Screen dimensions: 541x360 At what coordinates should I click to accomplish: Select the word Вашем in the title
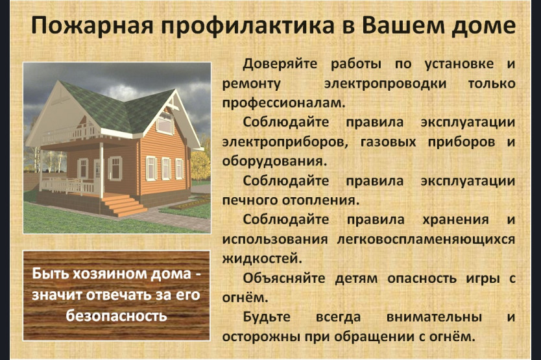403,25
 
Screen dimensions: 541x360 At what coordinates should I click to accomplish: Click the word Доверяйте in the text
280,64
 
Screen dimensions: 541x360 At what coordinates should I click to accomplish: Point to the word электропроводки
385,84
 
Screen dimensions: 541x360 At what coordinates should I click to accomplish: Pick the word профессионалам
283,103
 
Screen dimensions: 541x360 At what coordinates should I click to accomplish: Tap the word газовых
388,142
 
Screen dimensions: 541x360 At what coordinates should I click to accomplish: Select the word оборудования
274,162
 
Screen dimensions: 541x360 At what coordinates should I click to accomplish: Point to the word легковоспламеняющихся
426,239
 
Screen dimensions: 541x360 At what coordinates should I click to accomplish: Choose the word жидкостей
262,259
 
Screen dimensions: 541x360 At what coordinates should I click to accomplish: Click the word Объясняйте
284,278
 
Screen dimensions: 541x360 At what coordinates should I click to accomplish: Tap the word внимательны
434,317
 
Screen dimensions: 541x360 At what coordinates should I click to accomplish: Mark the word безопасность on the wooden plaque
117,316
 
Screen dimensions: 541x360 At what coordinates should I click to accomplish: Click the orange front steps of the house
124,206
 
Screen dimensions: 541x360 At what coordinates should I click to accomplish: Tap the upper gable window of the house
165,123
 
